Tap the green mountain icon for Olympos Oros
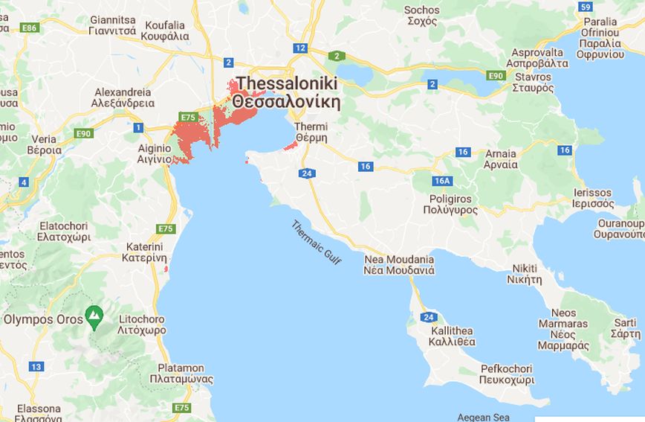[x=94, y=318]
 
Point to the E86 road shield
[x=30, y=28]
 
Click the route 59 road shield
[x=586, y=7]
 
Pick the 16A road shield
[x=443, y=181]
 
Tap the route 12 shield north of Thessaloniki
[x=299, y=48]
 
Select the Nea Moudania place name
[x=399, y=265]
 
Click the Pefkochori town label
[x=507, y=374]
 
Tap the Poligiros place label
[x=450, y=205]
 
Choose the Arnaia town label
[x=500, y=159]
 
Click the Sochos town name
[x=421, y=16]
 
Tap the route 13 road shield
[x=36, y=366]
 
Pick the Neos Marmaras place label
[x=563, y=329]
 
